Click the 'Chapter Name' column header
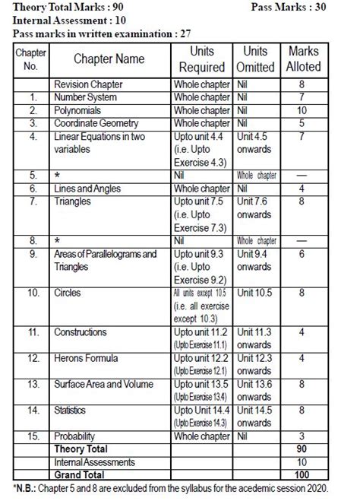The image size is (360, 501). click(x=109, y=59)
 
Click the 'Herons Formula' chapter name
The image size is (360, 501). click(x=86, y=358)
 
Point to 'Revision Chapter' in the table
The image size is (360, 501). click(x=88, y=84)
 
